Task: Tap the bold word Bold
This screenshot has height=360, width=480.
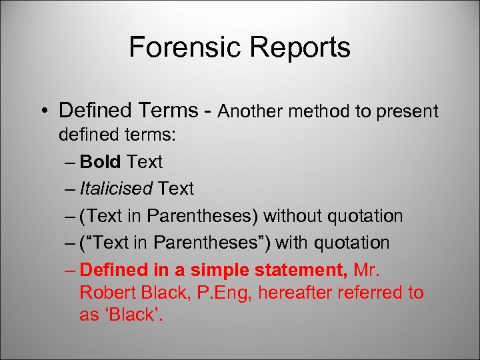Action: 100,161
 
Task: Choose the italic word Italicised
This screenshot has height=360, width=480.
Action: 116,189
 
